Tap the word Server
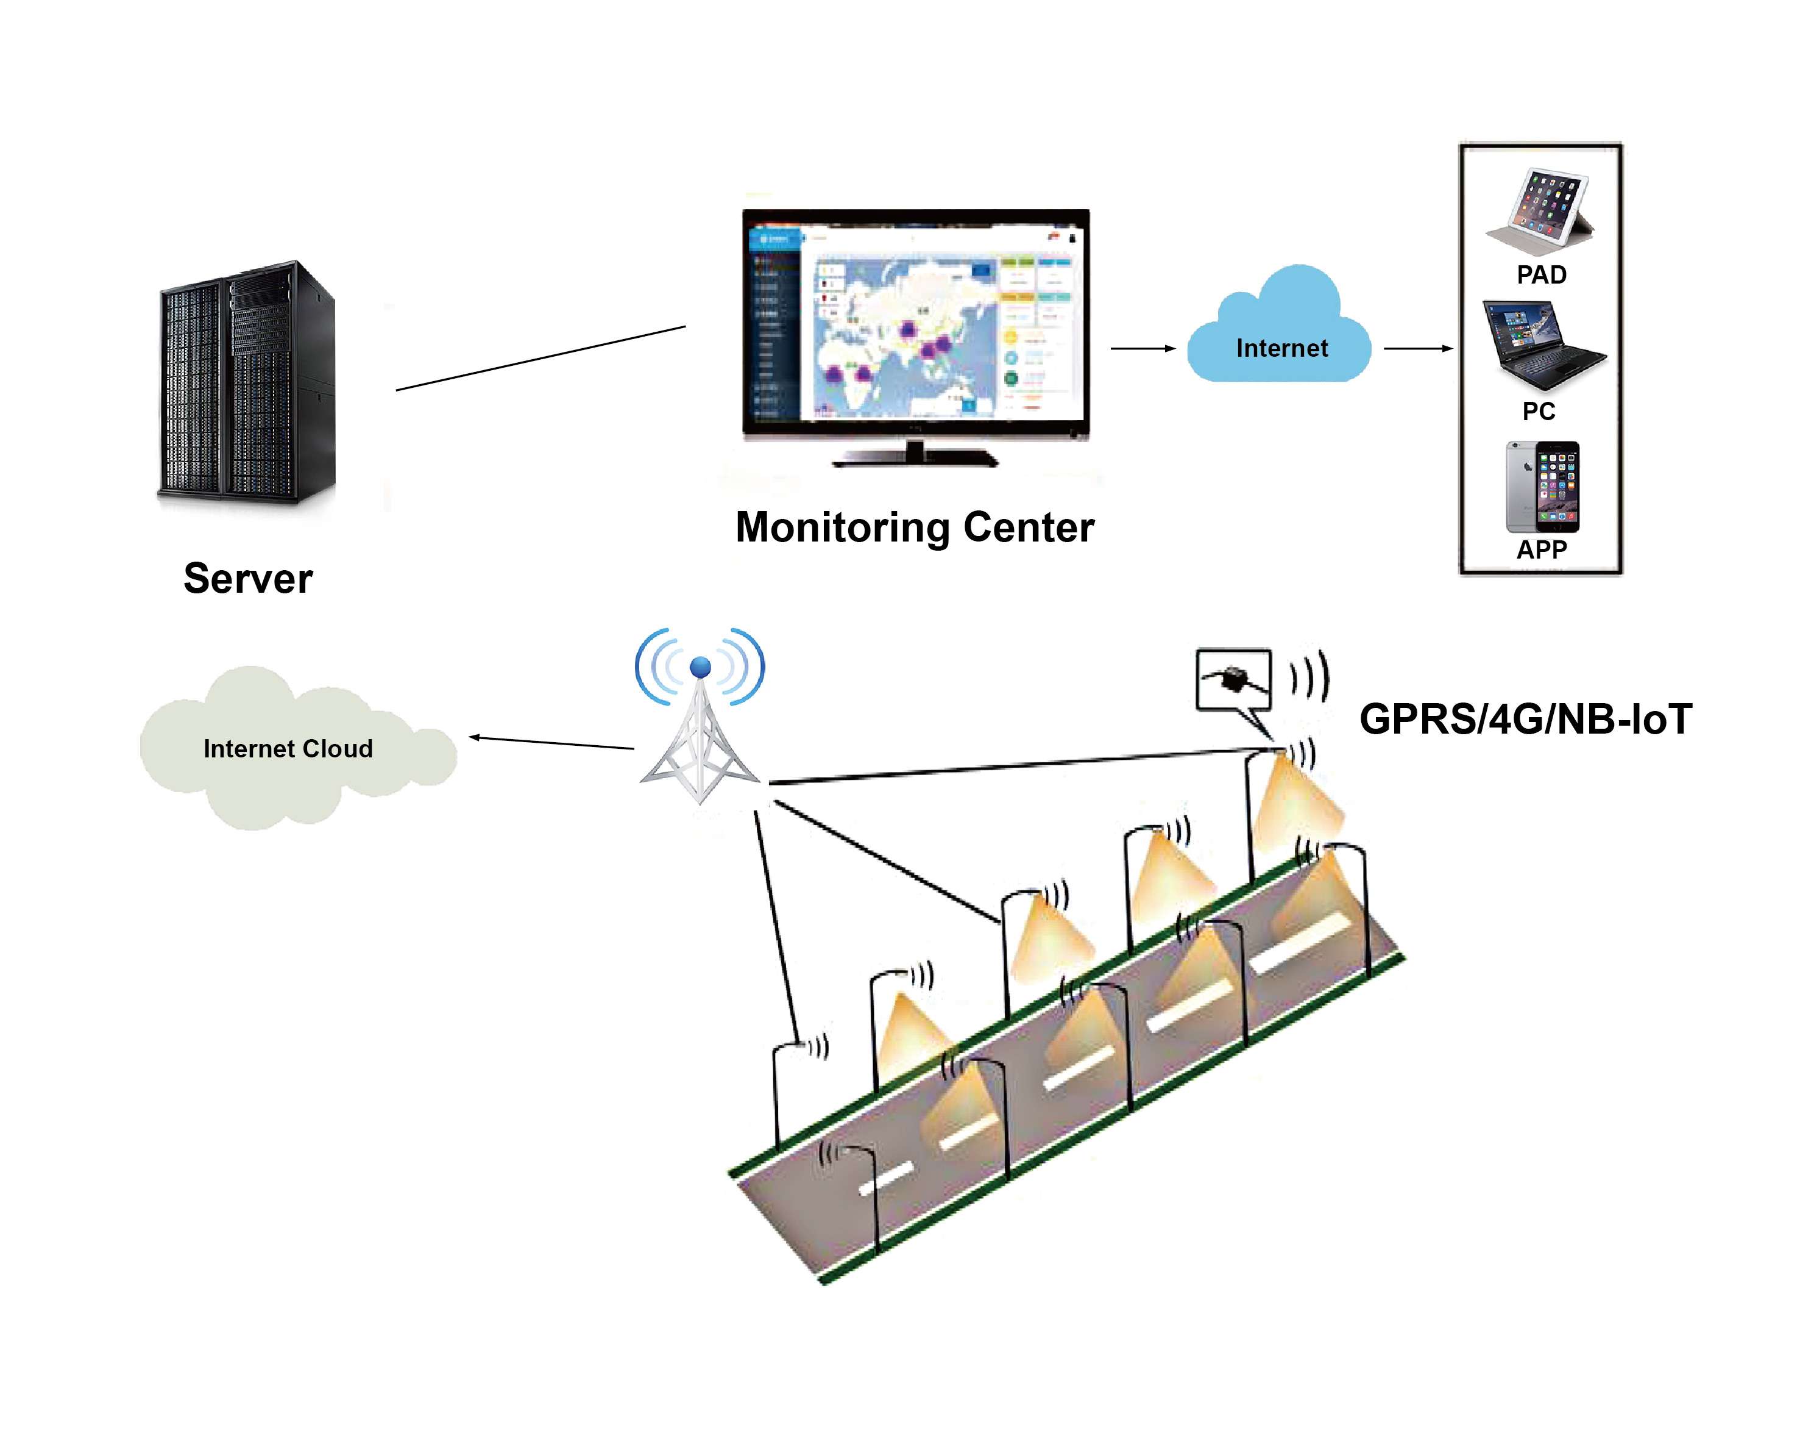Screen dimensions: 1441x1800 pyautogui.click(x=248, y=579)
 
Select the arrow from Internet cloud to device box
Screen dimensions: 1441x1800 pyautogui.click(x=1417, y=348)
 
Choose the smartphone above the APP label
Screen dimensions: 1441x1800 pyautogui.click(x=1542, y=487)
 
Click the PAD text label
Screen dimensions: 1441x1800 pyautogui.click(x=1541, y=275)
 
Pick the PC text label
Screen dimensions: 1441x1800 pyautogui.click(x=1539, y=411)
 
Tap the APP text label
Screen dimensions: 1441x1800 pyautogui.click(x=1541, y=549)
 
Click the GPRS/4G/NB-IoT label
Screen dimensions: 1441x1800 pyautogui.click(x=1525, y=719)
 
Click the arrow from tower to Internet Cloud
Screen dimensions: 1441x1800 pyautogui.click(x=551, y=743)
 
